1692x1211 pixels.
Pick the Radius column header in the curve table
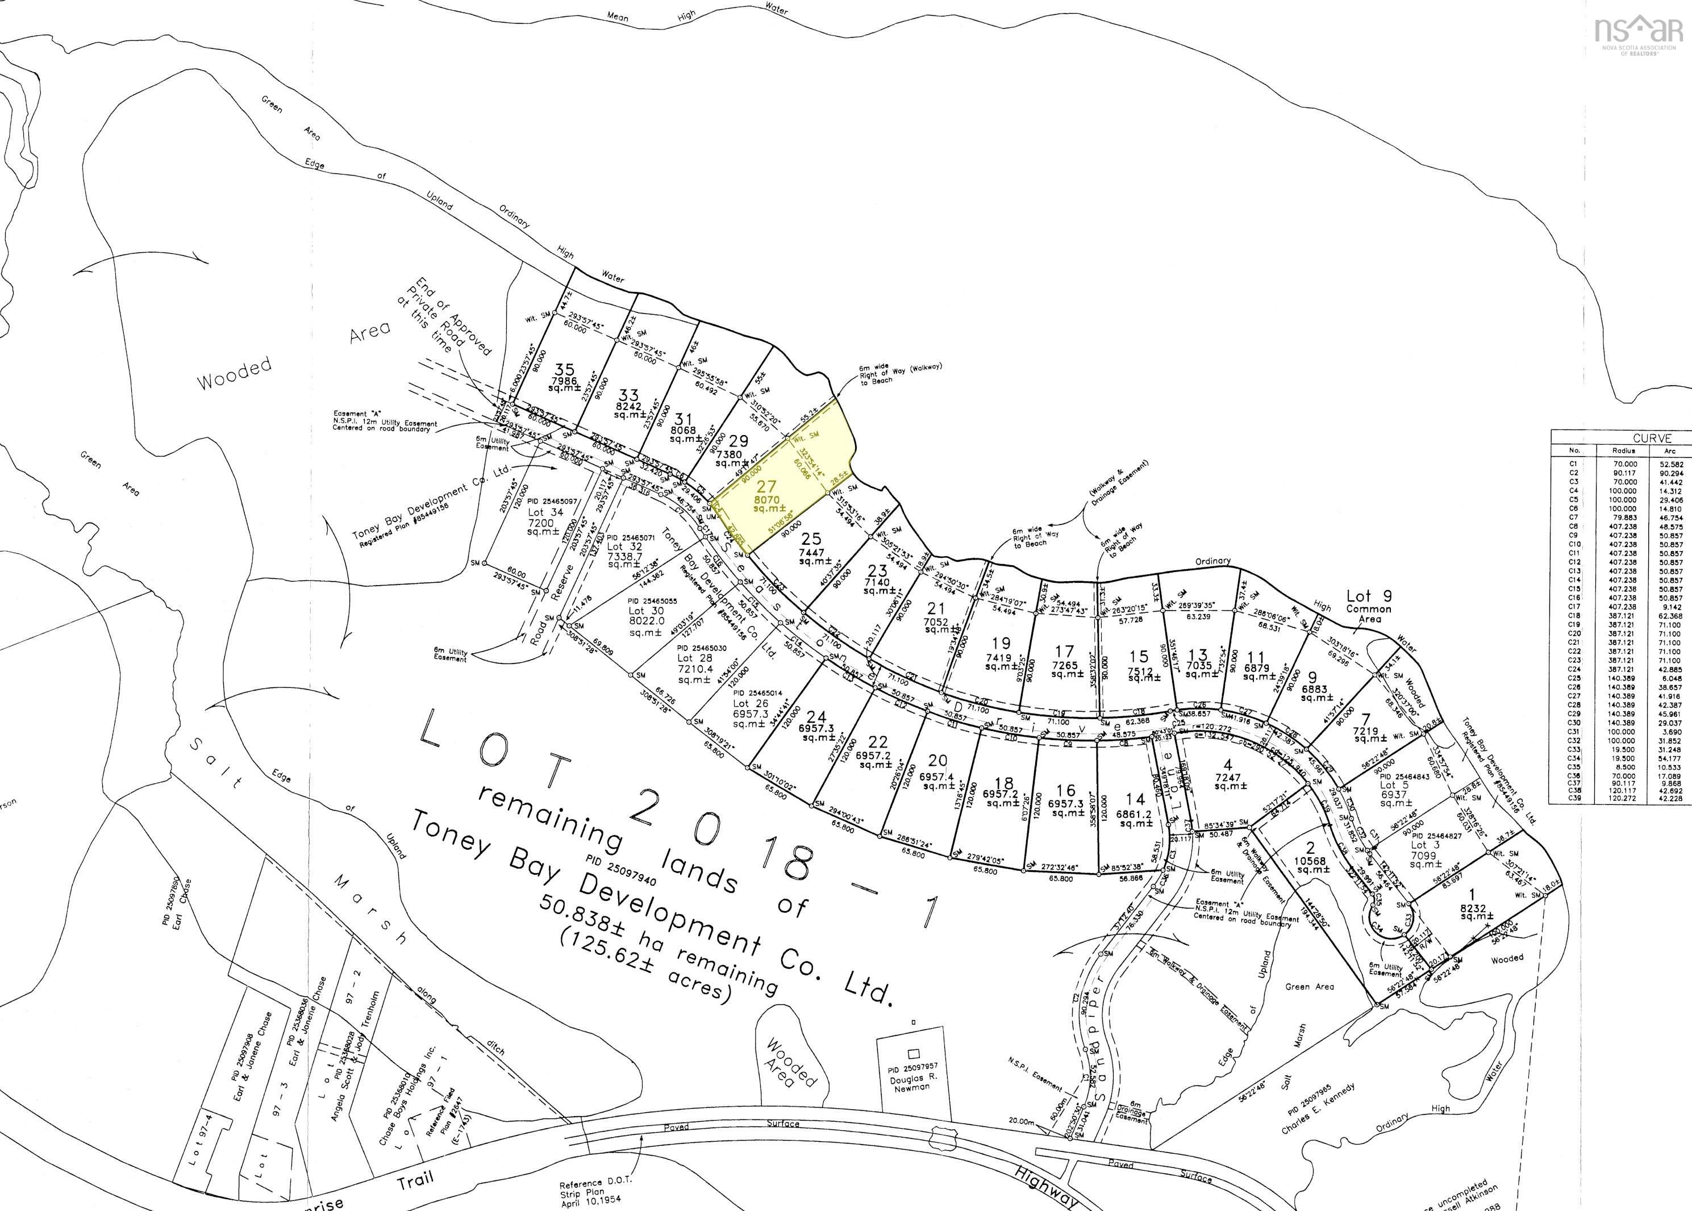pos(1623,451)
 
